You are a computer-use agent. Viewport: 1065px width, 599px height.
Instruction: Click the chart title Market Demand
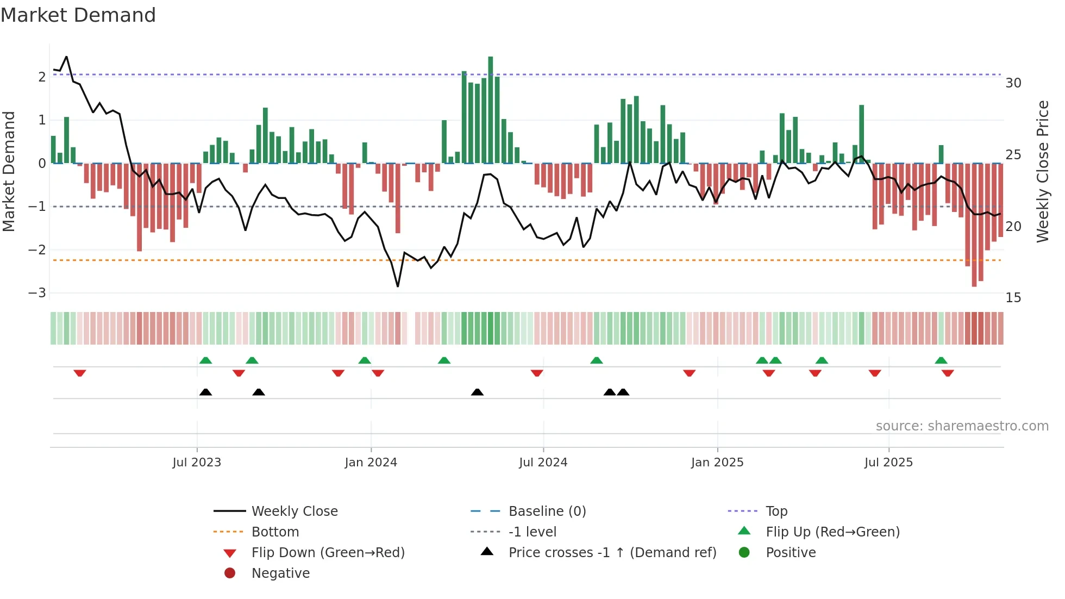[x=78, y=15]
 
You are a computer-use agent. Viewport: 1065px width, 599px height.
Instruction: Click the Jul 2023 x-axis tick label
[x=197, y=463]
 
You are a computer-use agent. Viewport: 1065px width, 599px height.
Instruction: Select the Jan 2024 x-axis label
[x=371, y=463]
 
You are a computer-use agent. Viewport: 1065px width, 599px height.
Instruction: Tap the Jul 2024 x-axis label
[x=543, y=463]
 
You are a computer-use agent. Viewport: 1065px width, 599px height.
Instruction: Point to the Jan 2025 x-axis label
[x=717, y=463]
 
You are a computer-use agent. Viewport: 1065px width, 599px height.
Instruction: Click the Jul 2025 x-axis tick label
[x=888, y=463]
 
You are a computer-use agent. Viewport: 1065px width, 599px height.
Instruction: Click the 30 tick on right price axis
[x=1013, y=83]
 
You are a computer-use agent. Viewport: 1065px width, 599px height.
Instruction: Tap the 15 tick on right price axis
[x=1013, y=298]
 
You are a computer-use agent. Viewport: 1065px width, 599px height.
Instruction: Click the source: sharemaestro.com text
[x=962, y=426]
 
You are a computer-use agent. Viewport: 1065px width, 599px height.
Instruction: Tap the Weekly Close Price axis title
[x=1042, y=171]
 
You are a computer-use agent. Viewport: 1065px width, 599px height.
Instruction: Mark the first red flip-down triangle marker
[x=80, y=373]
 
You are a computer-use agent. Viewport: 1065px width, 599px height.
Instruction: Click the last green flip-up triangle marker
[x=941, y=360]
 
